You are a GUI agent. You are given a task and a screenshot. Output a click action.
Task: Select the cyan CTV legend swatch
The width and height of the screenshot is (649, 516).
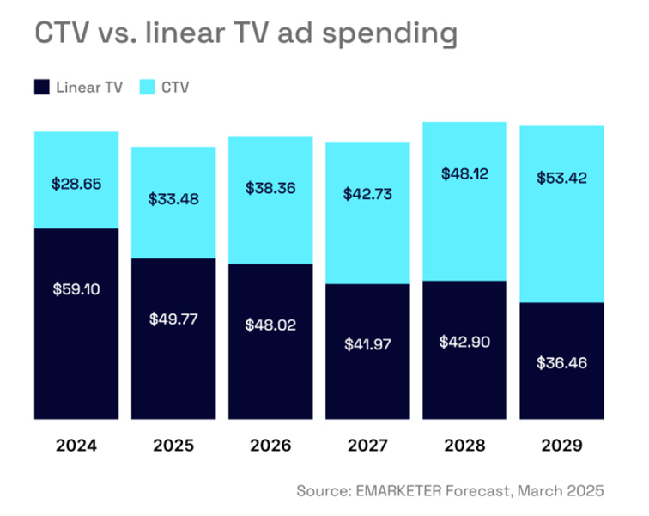point(147,87)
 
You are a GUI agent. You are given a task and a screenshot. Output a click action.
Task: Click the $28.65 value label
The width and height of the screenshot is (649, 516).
point(76,184)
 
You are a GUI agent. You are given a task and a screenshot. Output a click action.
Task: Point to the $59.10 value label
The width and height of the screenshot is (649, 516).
point(76,289)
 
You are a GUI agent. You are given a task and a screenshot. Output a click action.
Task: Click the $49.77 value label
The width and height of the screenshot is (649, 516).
point(173,319)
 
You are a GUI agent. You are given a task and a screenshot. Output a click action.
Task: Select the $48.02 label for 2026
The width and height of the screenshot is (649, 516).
point(270,325)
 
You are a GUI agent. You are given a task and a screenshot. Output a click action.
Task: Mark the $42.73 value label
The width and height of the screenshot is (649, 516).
point(367,194)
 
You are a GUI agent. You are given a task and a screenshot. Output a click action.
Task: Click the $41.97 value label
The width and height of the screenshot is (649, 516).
point(367,344)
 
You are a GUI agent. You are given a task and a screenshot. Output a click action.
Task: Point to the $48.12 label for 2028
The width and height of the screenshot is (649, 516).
point(464,173)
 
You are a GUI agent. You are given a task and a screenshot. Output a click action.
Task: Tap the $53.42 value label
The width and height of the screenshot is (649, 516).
point(561,179)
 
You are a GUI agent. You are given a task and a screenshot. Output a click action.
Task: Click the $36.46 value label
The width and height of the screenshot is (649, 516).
point(561,362)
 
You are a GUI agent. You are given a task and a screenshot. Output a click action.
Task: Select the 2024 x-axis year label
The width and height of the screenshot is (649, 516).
point(76,446)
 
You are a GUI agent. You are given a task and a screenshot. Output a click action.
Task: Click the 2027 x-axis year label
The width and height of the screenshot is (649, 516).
point(367,446)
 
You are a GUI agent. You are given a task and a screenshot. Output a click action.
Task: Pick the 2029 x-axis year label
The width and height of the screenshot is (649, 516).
point(561,446)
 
